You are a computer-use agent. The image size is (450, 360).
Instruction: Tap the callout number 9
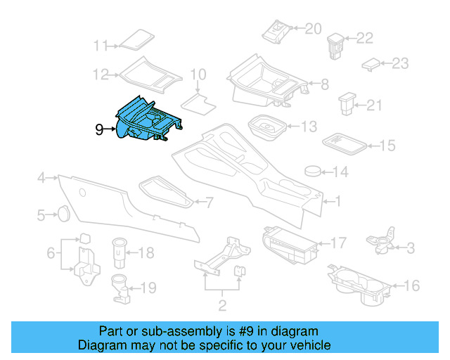click(99, 129)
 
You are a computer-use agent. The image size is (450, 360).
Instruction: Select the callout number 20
click(313, 28)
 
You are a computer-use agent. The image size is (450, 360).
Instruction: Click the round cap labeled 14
click(314, 171)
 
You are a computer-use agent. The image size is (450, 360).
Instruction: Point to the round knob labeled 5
click(62, 212)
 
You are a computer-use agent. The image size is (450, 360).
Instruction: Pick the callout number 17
click(338, 243)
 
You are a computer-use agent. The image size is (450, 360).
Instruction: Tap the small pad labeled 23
click(371, 64)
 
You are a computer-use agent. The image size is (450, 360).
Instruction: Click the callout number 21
click(373, 105)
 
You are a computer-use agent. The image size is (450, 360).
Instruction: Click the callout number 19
click(147, 287)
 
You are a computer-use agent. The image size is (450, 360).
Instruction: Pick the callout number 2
click(223, 305)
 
